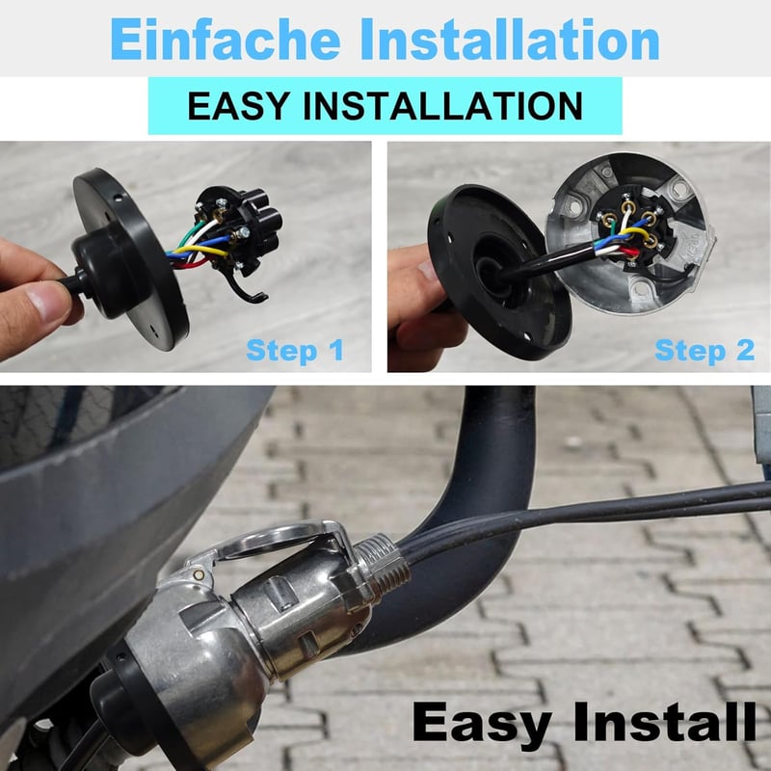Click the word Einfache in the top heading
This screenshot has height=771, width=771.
click(226, 40)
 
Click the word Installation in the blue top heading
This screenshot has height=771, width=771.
click(510, 40)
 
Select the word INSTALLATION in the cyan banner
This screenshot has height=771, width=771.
click(443, 106)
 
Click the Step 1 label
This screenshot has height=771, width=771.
click(295, 351)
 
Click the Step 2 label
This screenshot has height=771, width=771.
click(705, 351)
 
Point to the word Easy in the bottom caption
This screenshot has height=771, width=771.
click(482, 723)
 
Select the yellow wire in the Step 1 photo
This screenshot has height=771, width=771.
click(199, 251)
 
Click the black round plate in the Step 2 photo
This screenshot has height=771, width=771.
click(496, 273)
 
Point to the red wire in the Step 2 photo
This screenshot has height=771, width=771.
click(627, 253)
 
